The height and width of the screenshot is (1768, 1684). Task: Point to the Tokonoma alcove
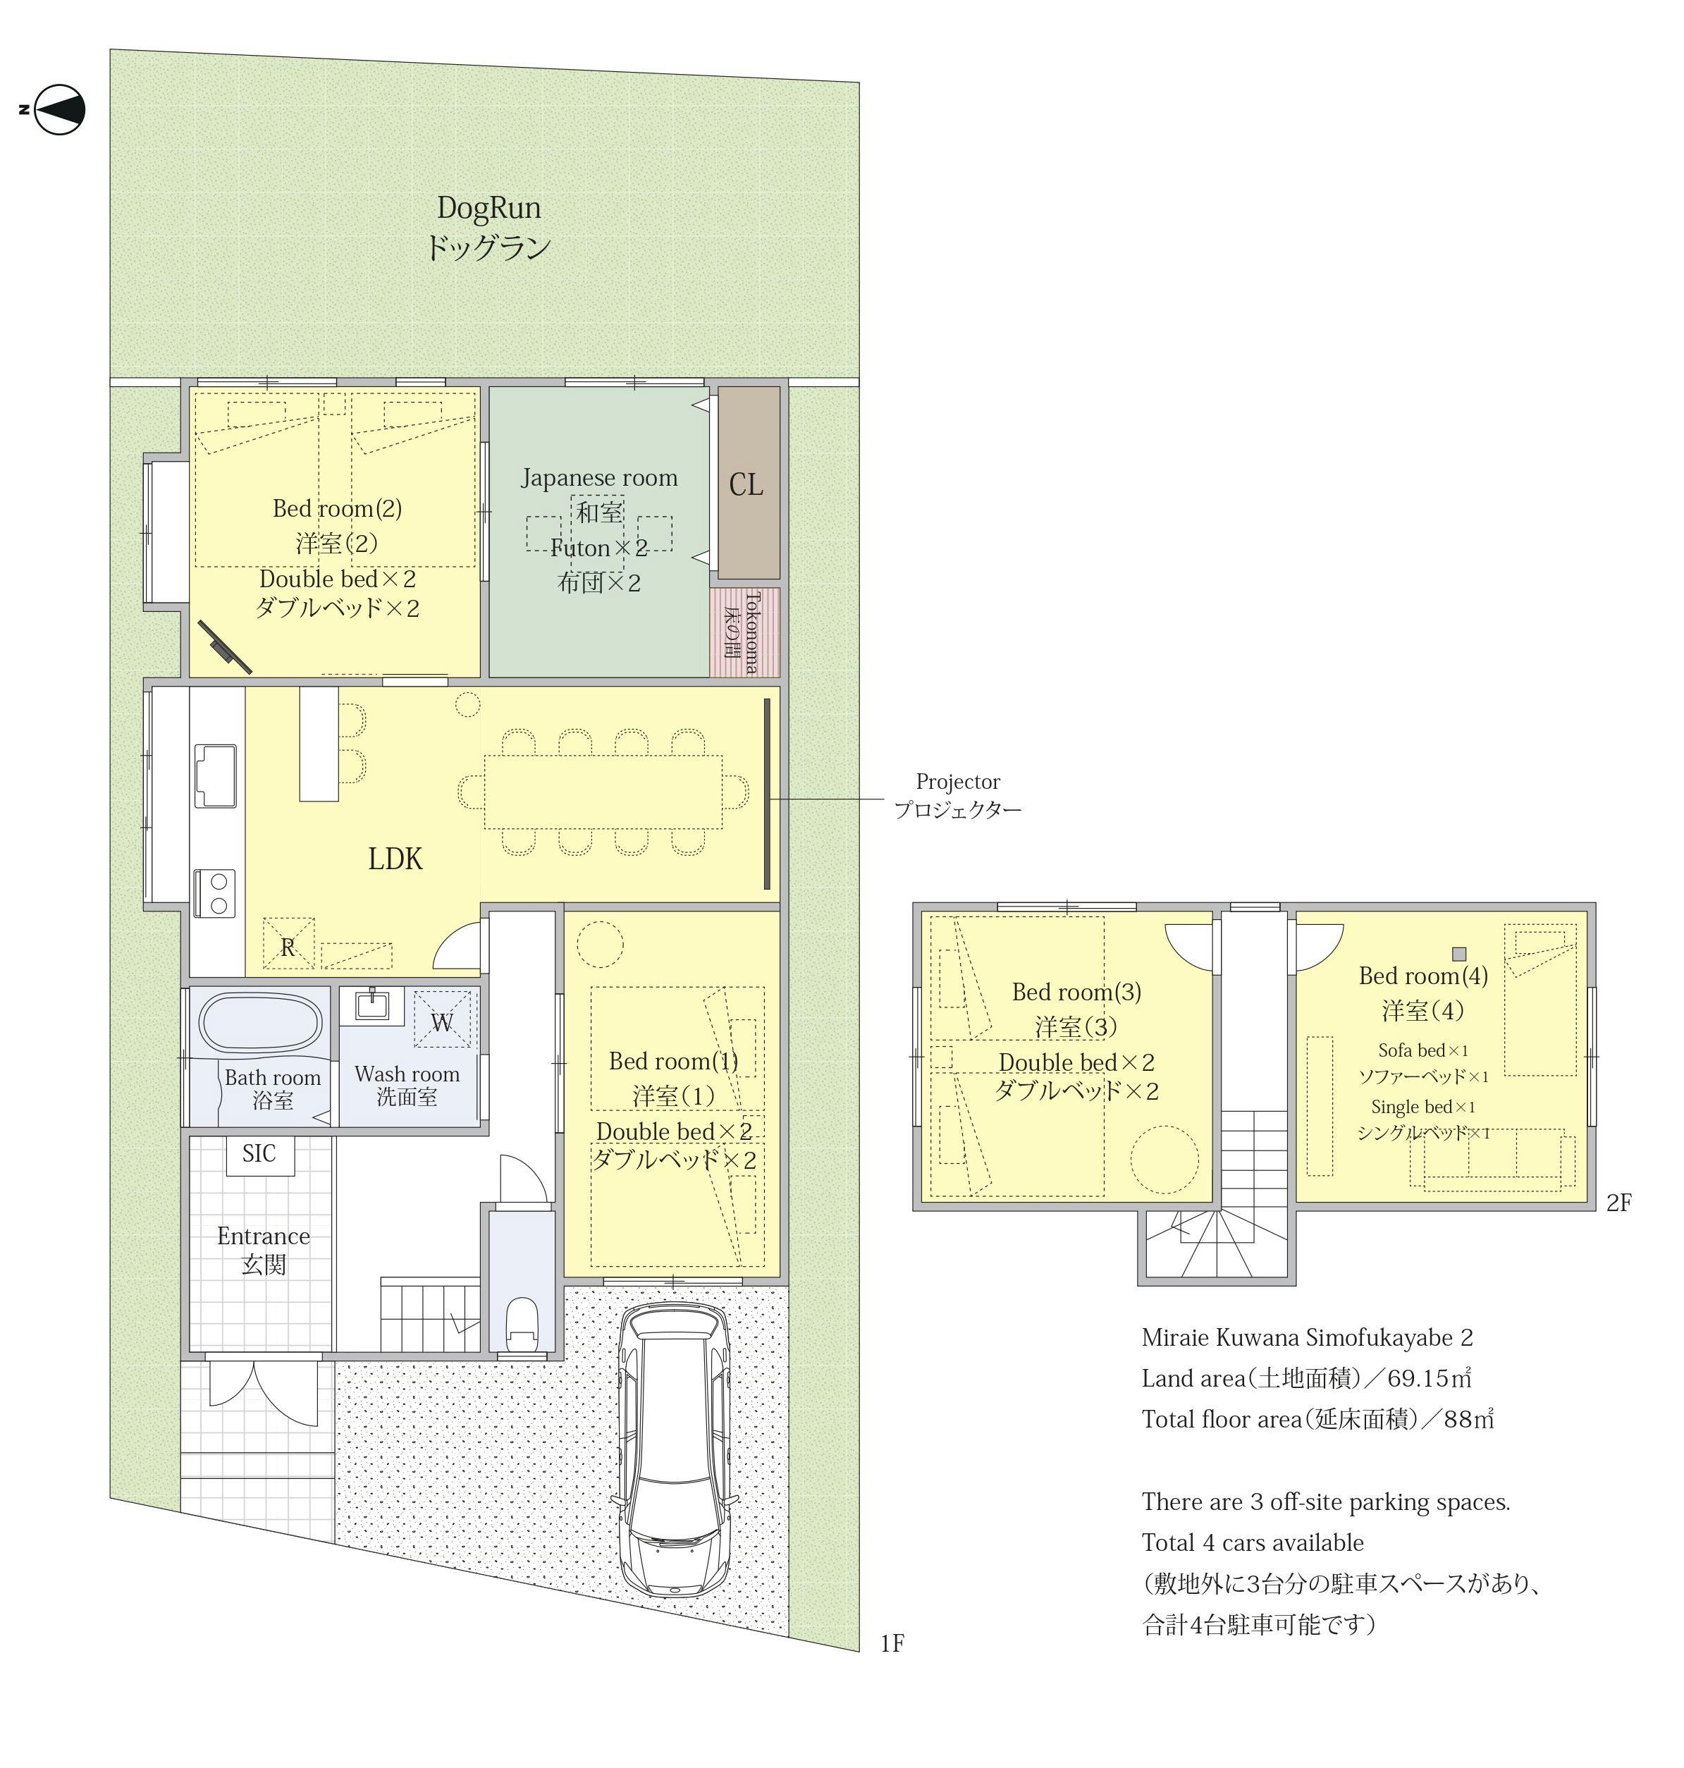[x=745, y=632]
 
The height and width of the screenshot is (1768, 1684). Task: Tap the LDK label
[x=395, y=859]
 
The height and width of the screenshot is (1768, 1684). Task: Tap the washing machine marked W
[x=443, y=1018]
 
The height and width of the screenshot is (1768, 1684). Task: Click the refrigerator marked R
[x=288, y=944]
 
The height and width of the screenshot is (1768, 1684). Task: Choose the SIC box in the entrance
[x=259, y=1155]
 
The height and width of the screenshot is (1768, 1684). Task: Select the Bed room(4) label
[x=1422, y=976]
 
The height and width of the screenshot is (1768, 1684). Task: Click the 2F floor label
[x=1618, y=1203]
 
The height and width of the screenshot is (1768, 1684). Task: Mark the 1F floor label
[x=892, y=1643]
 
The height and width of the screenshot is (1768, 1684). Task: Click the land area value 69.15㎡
[x=1429, y=1377]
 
